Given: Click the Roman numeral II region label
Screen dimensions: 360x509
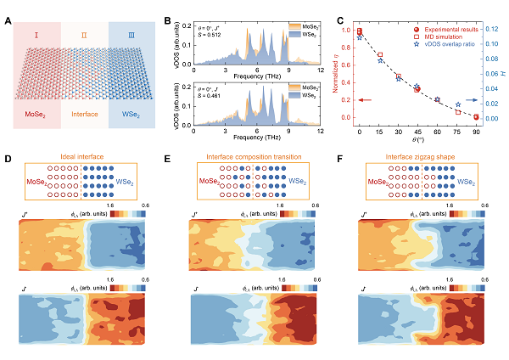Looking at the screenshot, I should point(84,36).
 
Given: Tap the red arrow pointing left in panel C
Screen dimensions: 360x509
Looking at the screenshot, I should point(366,100).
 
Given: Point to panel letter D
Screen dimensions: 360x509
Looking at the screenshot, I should point(8,159).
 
